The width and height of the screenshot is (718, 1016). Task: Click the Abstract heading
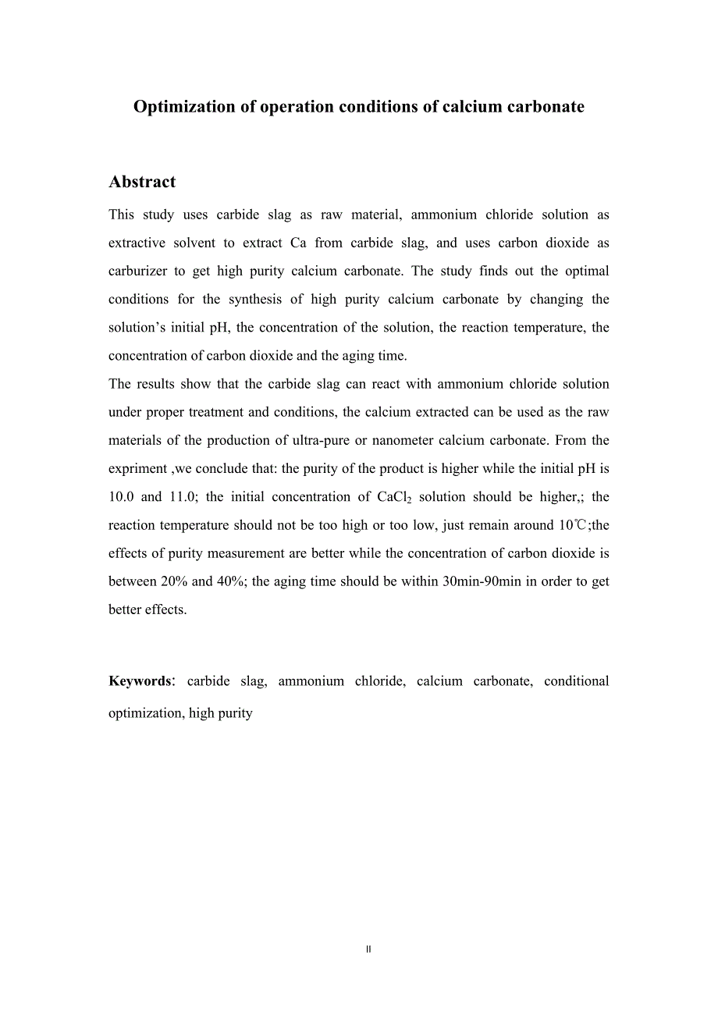(142, 182)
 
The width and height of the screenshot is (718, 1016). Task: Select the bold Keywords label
(140, 681)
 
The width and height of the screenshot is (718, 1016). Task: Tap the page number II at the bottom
(368, 950)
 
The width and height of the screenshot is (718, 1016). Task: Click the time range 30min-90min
(482, 581)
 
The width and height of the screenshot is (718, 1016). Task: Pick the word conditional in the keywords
(577, 681)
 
